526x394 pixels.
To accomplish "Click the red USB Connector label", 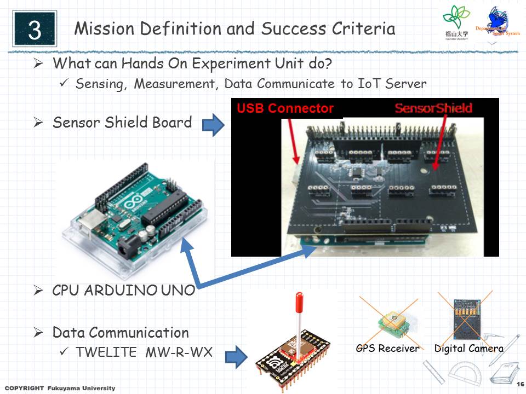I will (x=285, y=108).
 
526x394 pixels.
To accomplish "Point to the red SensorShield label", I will (x=433, y=108).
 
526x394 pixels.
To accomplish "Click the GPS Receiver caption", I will (x=387, y=349).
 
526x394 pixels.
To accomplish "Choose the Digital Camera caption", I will (x=468, y=349).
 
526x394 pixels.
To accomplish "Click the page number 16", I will (x=520, y=383).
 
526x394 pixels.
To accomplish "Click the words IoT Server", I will (x=396, y=84).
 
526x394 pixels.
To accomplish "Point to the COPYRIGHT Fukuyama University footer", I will (x=60, y=388).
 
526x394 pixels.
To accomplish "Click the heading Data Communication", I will (x=121, y=332).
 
